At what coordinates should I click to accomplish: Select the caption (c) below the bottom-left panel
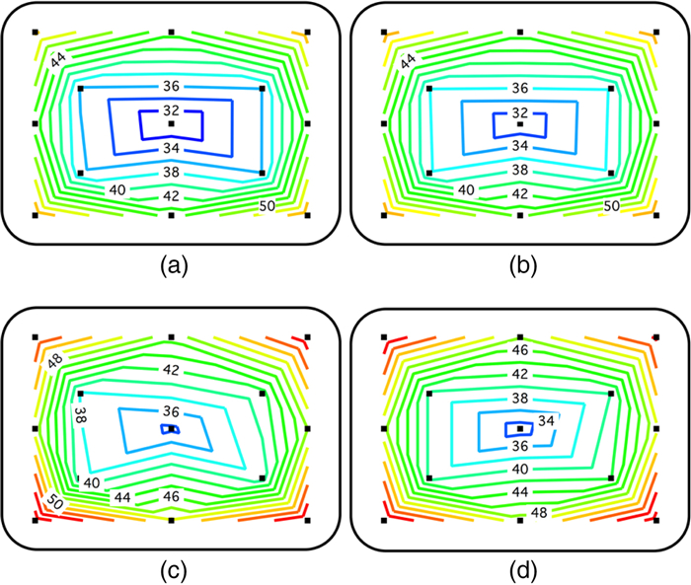[x=172, y=569]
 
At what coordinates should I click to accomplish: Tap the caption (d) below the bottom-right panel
[x=519, y=569]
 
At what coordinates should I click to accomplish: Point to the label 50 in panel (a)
[x=267, y=206]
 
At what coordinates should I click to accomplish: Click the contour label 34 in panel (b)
[x=519, y=145]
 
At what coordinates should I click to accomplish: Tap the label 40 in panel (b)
[x=466, y=188]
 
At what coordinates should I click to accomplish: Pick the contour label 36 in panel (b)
[x=519, y=87]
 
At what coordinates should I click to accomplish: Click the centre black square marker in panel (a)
[x=172, y=124]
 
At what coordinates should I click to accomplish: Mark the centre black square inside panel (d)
[x=519, y=429]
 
